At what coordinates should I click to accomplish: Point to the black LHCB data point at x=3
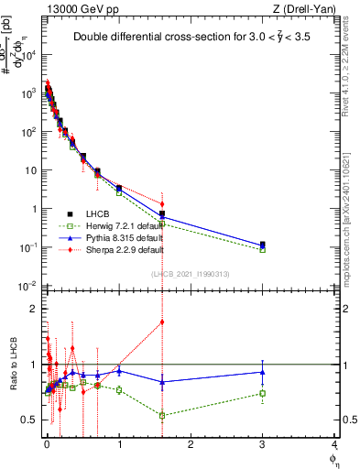point(263,245)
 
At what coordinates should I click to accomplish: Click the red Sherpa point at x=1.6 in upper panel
point(162,204)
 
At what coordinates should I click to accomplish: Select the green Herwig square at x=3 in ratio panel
point(263,393)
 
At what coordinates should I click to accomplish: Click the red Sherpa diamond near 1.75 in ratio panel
point(162,322)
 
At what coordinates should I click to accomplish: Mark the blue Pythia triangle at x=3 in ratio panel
point(263,371)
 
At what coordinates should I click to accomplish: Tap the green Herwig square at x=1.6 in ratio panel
point(162,415)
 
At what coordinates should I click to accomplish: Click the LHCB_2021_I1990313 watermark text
point(190,274)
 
